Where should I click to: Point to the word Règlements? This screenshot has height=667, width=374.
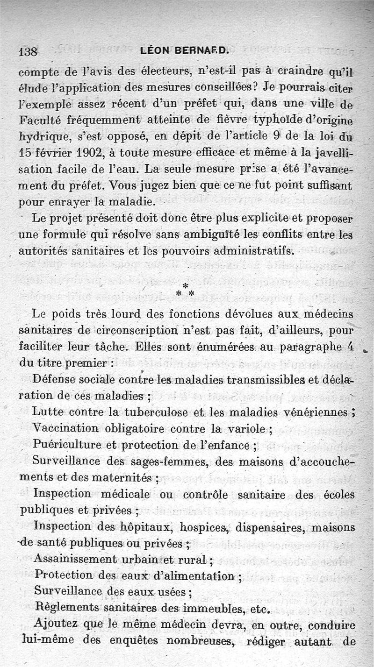(x=66, y=609)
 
